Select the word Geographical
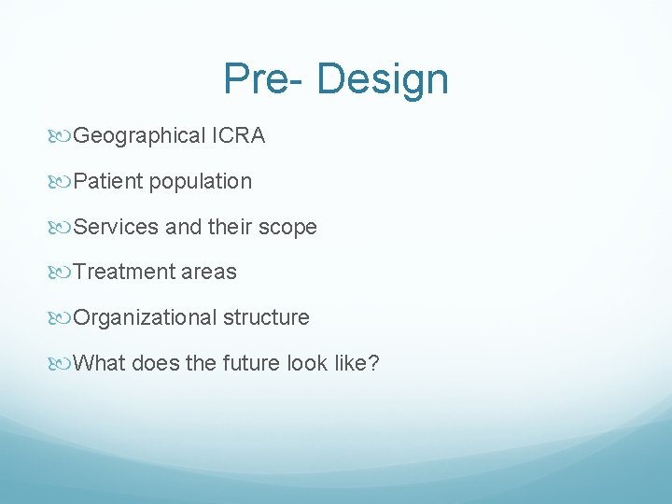(x=139, y=136)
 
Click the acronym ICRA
(x=238, y=136)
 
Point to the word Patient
(x=107, y=182)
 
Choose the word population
(x=200, y=182)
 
